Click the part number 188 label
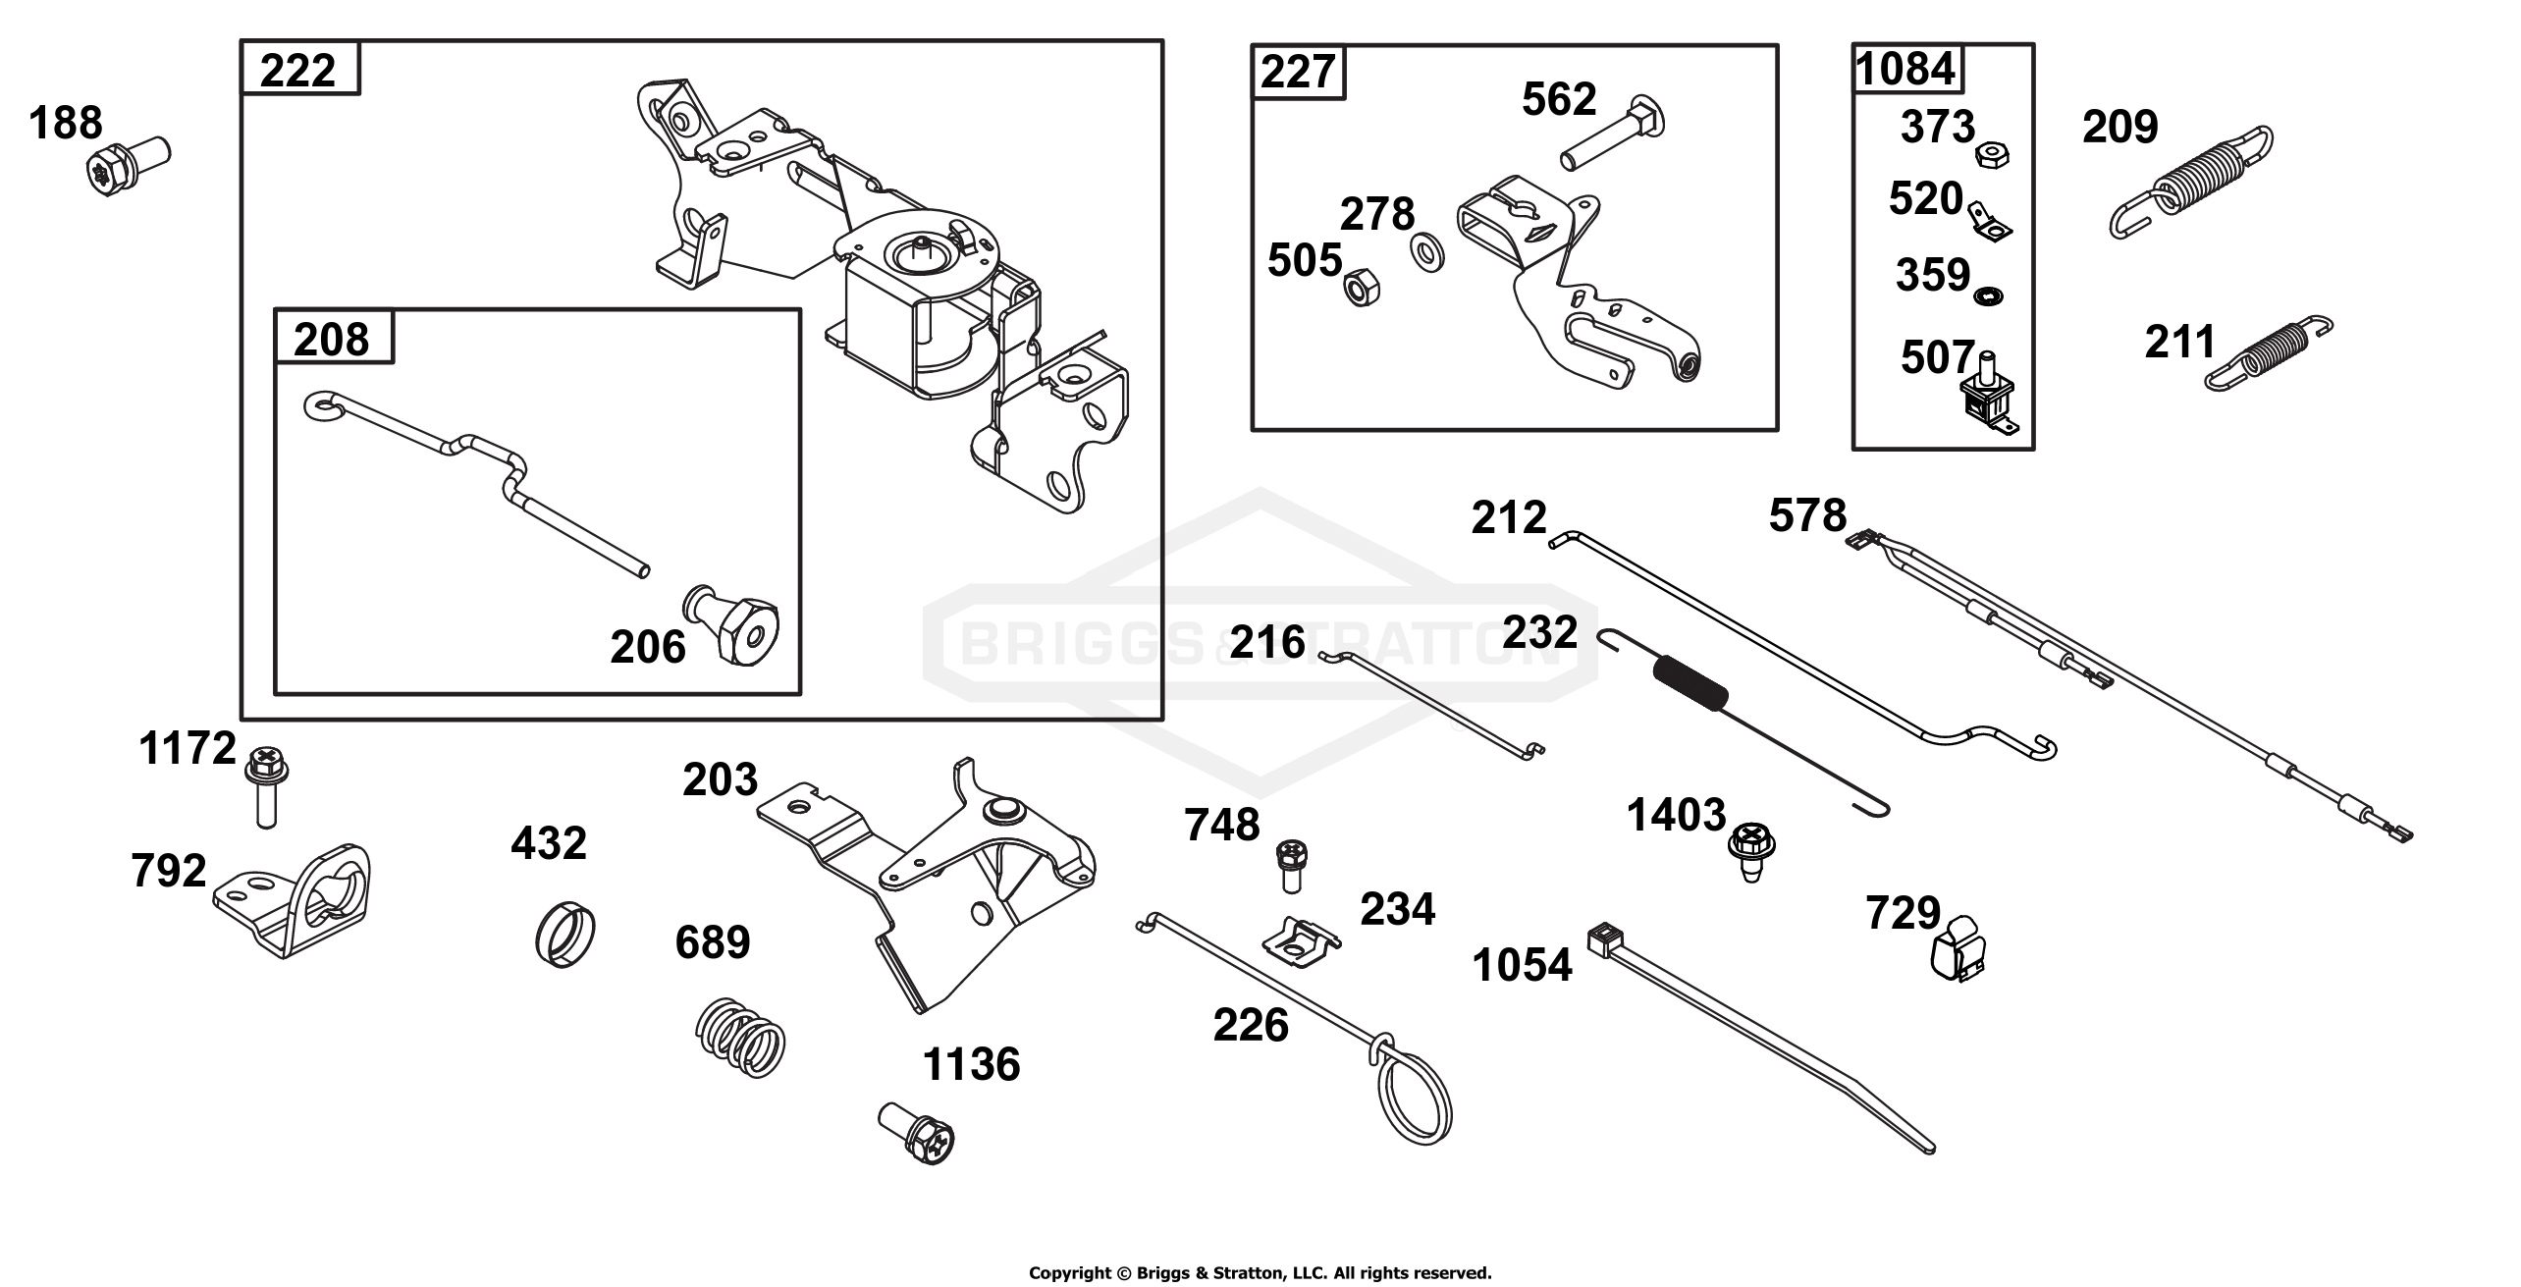[x=66, y=124]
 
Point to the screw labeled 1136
[x=917, y=1131]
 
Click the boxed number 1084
[x=1905, y=69]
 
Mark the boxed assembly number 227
[x=1298, y=72]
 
